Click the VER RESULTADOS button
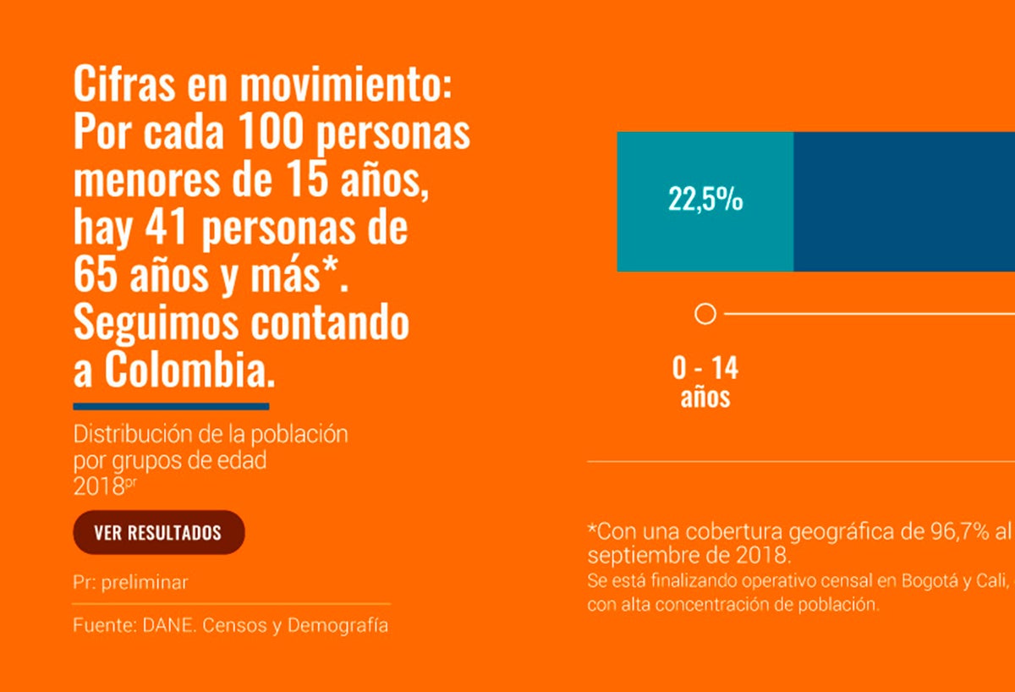coord(158,532)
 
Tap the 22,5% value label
coord(705,200)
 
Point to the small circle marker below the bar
coord(705,315)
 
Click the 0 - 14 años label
coord(705,382)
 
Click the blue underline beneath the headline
coord(171,407)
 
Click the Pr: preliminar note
coord(130,583)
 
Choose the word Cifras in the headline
coord(116,85)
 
